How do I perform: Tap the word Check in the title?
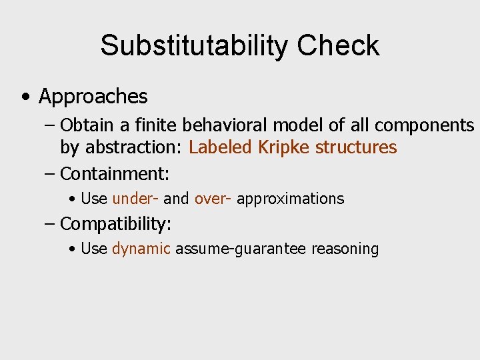pyautogui.click(x=338, y=46)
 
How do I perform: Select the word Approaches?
pyautogui.click(x=93, y=97)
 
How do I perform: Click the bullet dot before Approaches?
pyautogui.click(x=25, y=97)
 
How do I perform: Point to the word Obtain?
pyautogui.click(x=83, y=125)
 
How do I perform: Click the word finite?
pyautogui.click(x=136, y=125)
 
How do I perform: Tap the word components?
pyautogui.click(x=425, y=125)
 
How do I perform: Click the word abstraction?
pyautogui.click(x=135, y=147)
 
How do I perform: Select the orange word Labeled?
pyautogui.click(x=215, y=147)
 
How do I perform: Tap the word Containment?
pyautogui.click(x=115, y=175)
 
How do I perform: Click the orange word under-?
pyautogui.click(x=135, y=199)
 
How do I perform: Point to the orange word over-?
pyautogui.click(x=213, y=199)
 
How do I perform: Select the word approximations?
pyautogui.click(x=290, y=199)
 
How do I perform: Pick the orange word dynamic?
pyautogui.click(x=141, y=249)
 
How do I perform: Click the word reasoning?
pyautogui.click(x=345, y=249)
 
